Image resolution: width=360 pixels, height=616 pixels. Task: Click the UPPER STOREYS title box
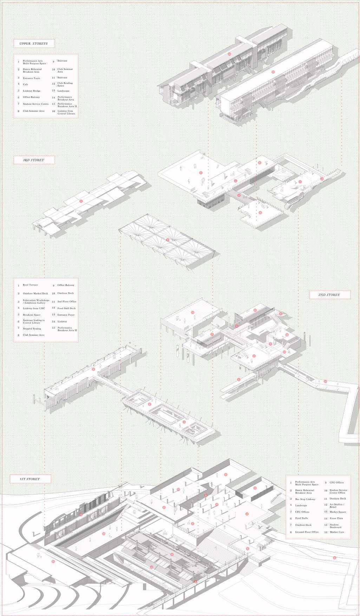click(34, 44)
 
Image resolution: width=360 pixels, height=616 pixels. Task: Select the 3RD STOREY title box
click(34, 160)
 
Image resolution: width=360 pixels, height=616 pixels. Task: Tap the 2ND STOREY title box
click(329, 295)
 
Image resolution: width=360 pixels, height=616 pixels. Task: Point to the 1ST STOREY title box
click(30, 479)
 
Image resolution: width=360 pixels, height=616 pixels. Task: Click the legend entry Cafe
click(25, 84)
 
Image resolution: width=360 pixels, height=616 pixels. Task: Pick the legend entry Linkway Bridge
click(31, 91)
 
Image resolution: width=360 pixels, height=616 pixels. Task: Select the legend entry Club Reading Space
click(65, 84)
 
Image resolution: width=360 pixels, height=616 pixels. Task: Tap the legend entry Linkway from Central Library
click(66, 112)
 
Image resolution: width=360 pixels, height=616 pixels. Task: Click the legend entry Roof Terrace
click(30, 285)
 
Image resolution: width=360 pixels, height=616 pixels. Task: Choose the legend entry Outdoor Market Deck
click(35, 293)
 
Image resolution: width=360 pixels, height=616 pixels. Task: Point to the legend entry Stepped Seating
click(32, 328)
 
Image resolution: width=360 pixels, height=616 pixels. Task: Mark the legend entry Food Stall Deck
click(66, 308)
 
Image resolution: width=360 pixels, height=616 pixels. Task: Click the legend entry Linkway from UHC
click(34, 308)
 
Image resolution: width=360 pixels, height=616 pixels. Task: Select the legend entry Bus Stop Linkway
click(305, 499)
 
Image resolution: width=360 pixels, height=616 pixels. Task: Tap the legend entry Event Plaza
click(336, 518)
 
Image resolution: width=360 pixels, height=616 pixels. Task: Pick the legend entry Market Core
click(336, 532)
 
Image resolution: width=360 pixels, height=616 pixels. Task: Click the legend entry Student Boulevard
click(335, 526)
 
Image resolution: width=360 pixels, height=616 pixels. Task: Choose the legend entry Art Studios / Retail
click(336, 505)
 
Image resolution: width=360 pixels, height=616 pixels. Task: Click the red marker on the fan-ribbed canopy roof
click(168, 240)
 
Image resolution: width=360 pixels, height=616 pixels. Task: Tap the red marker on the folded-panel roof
click(81, 201)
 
